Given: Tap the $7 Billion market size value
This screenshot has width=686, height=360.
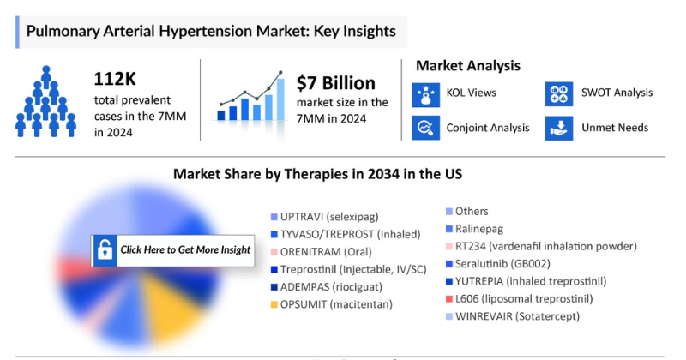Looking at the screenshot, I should [336, 83].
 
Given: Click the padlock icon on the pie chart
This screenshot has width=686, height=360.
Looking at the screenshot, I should [105, 249].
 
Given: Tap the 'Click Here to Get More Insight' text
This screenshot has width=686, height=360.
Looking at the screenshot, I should [185, 249].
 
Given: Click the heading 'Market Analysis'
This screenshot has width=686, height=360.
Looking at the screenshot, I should [467, 65].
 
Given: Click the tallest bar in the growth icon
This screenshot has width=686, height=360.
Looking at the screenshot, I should [280, 98].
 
